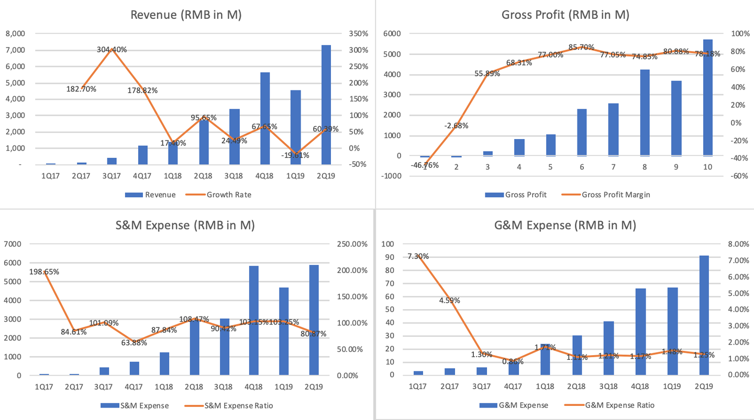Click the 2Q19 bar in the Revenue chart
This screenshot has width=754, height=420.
point(326,105)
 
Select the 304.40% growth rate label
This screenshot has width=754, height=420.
point(112,50)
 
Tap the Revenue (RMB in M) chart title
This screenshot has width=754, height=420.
point(186,15)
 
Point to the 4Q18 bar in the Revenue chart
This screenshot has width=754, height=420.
point(265,118)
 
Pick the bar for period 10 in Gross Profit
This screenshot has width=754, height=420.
point(708,97)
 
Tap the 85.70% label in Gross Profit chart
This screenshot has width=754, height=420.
point(581,47)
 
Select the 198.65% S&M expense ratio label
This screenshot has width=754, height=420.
point(45,272)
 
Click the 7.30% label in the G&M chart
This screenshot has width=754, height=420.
point(418,256)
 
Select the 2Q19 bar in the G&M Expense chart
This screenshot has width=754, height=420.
point(704,315)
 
